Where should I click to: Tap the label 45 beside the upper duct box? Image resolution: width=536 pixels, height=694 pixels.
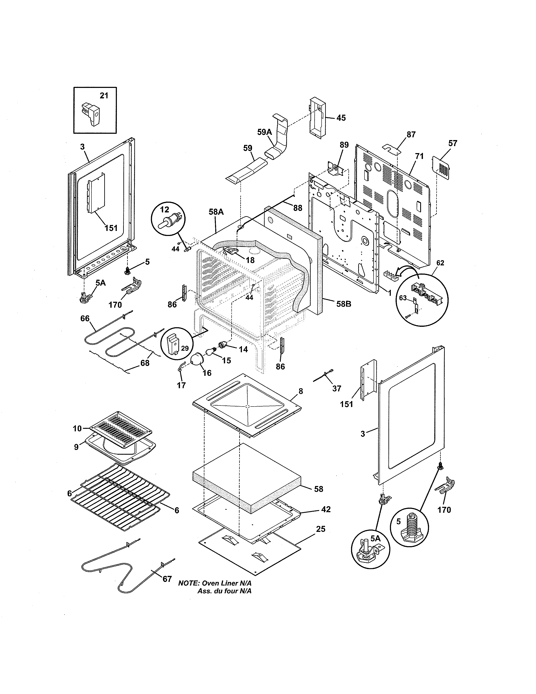click(x=341, y=118)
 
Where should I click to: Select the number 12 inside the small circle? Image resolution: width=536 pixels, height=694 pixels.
click(x=165, y=209)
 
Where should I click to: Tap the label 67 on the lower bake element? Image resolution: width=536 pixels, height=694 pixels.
click(x=167, y=579)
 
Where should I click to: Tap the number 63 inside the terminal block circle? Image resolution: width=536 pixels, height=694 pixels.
click(x=403, y=298)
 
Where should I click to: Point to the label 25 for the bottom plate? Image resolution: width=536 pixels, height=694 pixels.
click(x=321, y=529)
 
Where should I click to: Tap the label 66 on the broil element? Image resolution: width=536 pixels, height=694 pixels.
click(x=85, y=318)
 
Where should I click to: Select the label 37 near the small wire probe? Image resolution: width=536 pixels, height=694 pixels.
click(x=337, y=388)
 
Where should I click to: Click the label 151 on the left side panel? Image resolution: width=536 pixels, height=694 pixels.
click(x=111, y=228)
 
